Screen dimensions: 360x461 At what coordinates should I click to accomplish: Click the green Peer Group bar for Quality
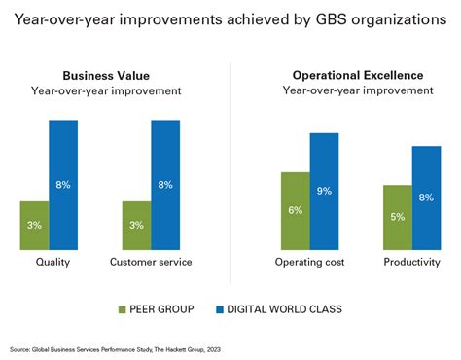pos(34,226)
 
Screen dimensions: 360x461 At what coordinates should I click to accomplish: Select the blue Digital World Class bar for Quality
pos(63,185)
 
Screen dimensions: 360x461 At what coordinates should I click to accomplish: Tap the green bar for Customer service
pos(136,226)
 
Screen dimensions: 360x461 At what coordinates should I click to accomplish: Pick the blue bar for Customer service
pos(165,185)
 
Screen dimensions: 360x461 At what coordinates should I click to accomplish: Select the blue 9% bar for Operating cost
pos(325,192)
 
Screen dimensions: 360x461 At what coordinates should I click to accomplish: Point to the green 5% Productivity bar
pos(397,217)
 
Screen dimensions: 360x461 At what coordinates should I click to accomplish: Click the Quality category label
pos(52,263)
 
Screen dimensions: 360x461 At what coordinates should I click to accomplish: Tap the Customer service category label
pos(150,263)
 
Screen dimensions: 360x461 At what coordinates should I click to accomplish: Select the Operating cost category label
pos(309,263)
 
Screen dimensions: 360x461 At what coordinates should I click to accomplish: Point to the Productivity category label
pos(410,263)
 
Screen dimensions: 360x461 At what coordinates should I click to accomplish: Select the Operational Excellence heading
pos(357,75)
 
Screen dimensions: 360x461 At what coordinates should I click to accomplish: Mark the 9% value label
pos(325,192)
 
